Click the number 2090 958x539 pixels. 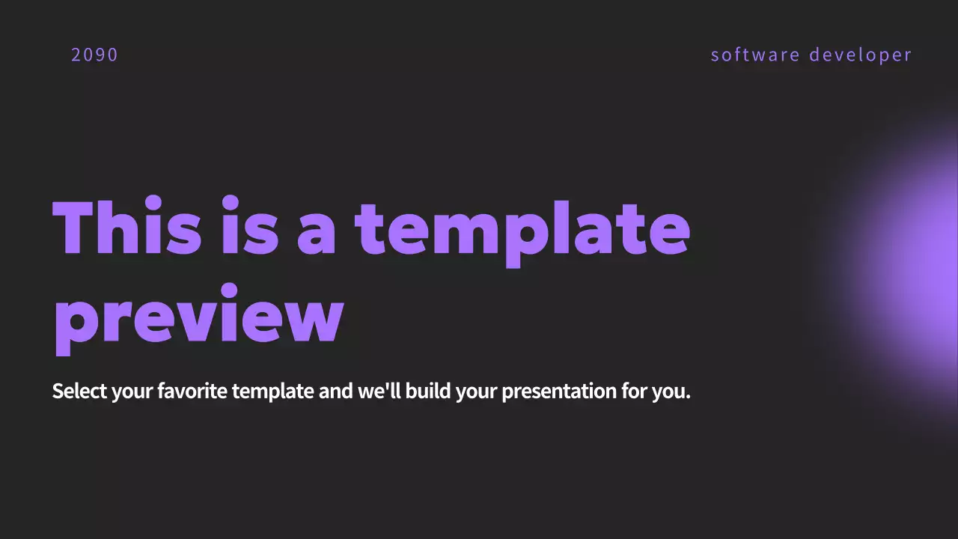click(94, 55)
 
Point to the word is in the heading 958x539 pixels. click(250, 227)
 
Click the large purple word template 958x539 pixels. click(522, 228)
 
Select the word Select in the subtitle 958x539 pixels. click(79, 391)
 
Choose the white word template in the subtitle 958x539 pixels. click(272, 392)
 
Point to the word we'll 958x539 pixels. click(379, 391)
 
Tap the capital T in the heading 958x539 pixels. click(72, 227)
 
